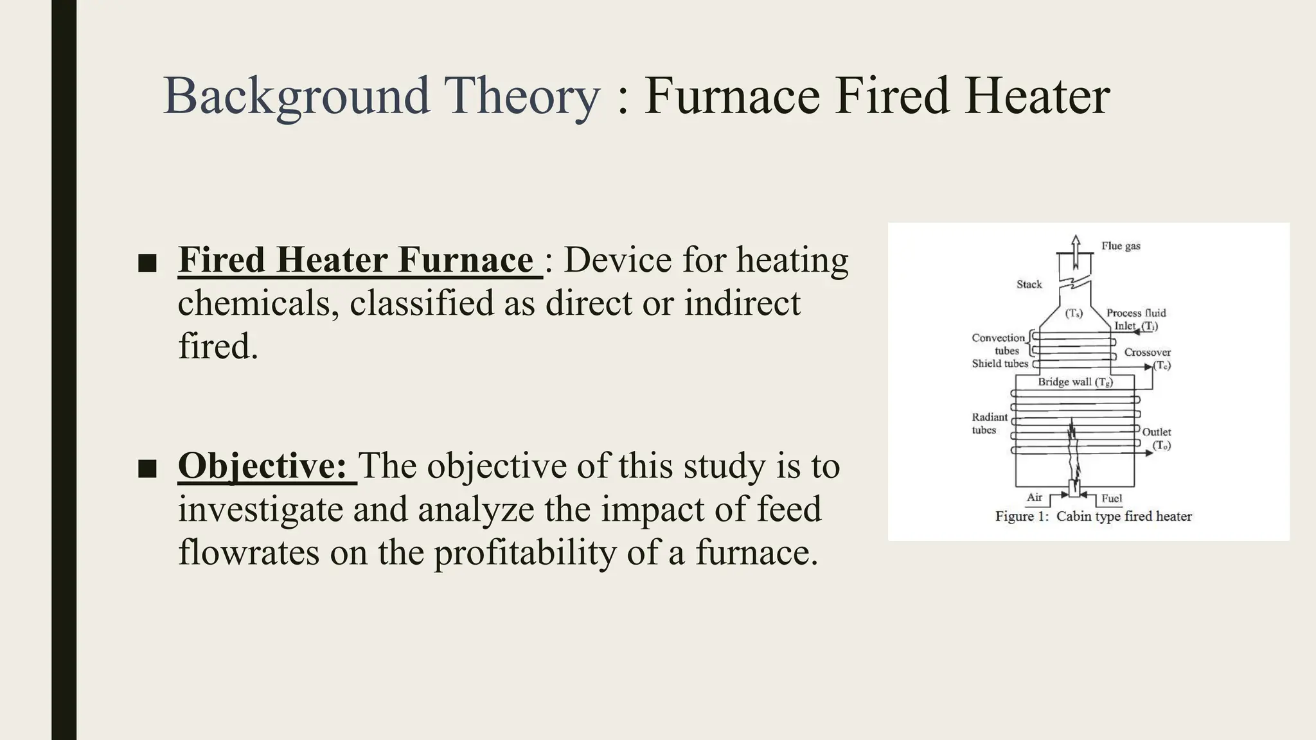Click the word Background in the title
tap(296, 96)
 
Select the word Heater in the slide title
tap(1037, 96)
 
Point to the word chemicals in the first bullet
tap(258, 303)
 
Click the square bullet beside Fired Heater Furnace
tap(148, 262)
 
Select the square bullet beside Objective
tap(148, 468)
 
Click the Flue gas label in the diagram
tap(1121, 246)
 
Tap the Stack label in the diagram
tap(1029, 284)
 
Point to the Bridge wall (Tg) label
tap(1075, 382)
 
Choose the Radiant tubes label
tap(989, 423)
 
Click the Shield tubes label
tap(999, 364)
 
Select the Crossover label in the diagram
tap(1147, 353)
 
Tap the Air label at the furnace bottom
tap(1034, 497)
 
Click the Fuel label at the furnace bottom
tap(1111, 498)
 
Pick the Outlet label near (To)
tap(1156, 432)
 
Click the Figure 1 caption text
tap(1093, 516)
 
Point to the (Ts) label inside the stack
tap(1074, 313)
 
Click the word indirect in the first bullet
tap(742, 303)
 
